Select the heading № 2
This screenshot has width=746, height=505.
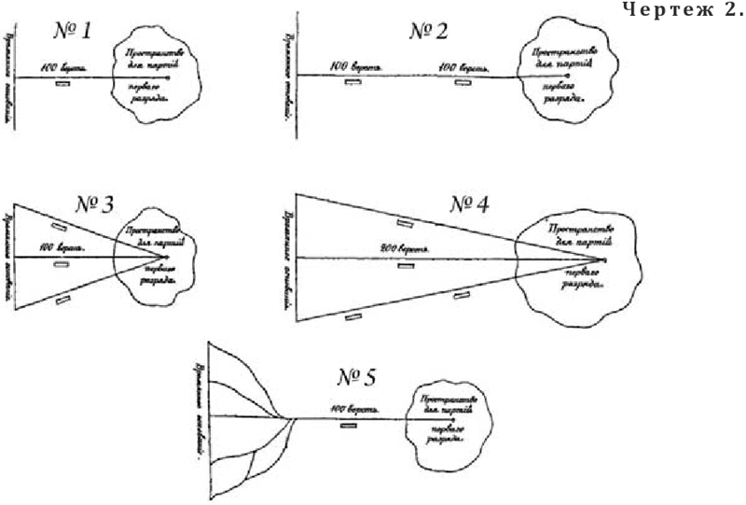(428, 31)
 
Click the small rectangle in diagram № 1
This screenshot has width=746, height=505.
(63, 84)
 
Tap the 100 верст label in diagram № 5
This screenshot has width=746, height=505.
(350, 409)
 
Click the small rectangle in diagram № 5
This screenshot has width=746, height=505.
(349, 426)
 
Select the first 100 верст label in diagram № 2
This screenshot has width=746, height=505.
(351, 67)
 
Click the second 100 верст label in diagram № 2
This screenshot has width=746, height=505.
(460, 67)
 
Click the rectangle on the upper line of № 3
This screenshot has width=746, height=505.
(59, 227)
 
